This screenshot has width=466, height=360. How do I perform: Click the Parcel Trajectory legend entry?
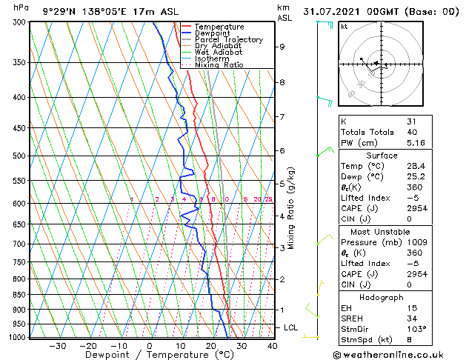229,39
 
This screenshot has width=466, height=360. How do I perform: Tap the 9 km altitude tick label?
282,47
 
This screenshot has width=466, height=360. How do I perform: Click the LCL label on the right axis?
291,327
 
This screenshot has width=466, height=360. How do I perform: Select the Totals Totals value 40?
412,133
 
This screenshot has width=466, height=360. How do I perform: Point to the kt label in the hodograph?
344,27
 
